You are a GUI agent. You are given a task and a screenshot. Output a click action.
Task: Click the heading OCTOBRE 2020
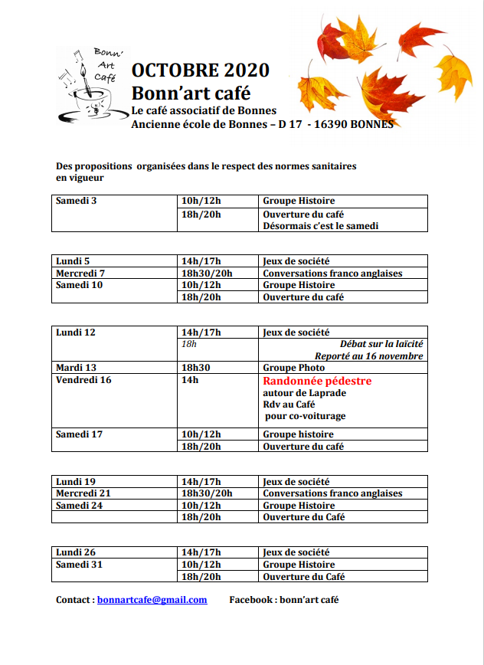200,70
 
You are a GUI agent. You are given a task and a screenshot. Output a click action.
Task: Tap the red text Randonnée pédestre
317,381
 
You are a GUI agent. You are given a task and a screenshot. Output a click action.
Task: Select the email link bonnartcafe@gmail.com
152,600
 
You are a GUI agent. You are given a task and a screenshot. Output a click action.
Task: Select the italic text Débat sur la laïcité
381,345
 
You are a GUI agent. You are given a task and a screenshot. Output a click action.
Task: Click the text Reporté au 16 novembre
369,356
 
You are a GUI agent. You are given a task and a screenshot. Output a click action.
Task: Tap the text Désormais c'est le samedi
321,226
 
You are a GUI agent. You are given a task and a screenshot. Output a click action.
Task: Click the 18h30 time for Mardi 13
195,368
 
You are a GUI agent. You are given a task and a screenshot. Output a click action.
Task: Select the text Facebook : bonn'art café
283,600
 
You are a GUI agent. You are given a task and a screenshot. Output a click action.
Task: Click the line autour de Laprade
304,393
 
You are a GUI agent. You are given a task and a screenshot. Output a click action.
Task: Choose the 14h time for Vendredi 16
190,380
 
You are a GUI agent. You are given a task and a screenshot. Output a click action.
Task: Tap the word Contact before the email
74,600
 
